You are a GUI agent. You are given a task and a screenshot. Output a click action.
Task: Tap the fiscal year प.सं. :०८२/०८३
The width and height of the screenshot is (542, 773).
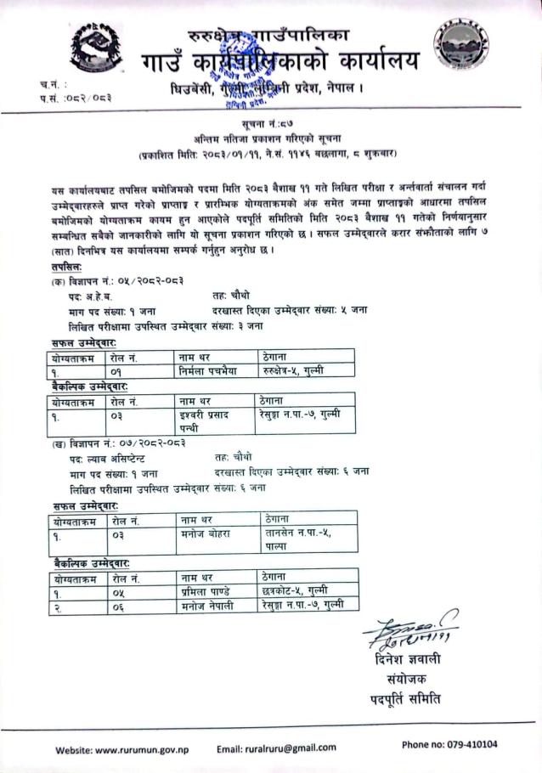point(75,99)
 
